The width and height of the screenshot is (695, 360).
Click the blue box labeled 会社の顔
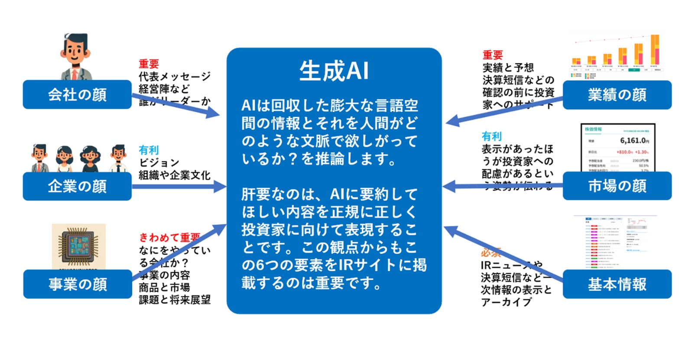pos(77,94)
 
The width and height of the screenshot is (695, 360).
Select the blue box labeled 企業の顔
pos(77,186)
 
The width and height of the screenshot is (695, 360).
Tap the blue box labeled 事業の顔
pos(77,284)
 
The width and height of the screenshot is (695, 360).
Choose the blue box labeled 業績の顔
pos(617,94)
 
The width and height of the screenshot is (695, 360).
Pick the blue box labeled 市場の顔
pos(617,186)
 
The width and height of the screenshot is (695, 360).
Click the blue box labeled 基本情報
pos(617,284)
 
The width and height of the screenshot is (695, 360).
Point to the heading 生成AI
pos(334,71)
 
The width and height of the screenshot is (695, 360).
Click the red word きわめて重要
pos(169,237)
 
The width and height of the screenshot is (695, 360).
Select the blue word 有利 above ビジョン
pos(149,150)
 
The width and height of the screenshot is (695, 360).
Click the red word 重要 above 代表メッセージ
pos(149,64)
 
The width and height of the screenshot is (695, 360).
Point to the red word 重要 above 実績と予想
pos(493,55)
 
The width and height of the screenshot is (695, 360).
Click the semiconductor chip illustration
pos(78,245)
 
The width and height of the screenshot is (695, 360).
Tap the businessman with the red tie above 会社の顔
pos(75,56)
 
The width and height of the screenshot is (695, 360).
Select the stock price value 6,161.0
pos(633,140)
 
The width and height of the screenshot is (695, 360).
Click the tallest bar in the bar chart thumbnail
pos(655,50)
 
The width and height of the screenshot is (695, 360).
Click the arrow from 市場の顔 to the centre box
pos(503,187)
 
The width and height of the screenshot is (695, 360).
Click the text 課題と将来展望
pos(175,300)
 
